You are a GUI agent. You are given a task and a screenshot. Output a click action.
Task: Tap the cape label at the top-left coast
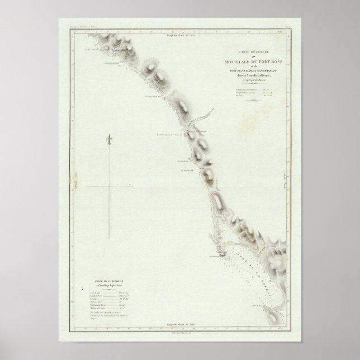coord(89,49)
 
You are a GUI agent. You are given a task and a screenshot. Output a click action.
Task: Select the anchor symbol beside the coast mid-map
coord(192,174)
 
